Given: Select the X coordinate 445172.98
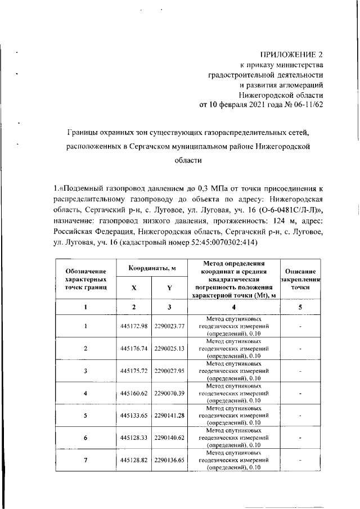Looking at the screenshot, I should [133, 326].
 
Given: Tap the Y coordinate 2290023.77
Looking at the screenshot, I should [169, 326].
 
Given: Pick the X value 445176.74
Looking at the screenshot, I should [133, 349].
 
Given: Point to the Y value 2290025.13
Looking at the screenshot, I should [169, 349].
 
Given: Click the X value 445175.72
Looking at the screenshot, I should [133, 371].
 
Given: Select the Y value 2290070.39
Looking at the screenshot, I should [169, 393].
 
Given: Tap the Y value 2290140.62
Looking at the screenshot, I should [169, 437].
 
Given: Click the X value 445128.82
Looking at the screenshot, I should [133, 460].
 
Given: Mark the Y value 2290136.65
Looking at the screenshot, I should [169, 460].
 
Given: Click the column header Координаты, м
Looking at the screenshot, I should [152, 268].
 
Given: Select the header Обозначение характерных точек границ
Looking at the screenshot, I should [85, 279].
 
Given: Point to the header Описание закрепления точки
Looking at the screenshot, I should [300, 279].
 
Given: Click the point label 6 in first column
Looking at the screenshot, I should [85, 437].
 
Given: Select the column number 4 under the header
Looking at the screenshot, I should [233, 307].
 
